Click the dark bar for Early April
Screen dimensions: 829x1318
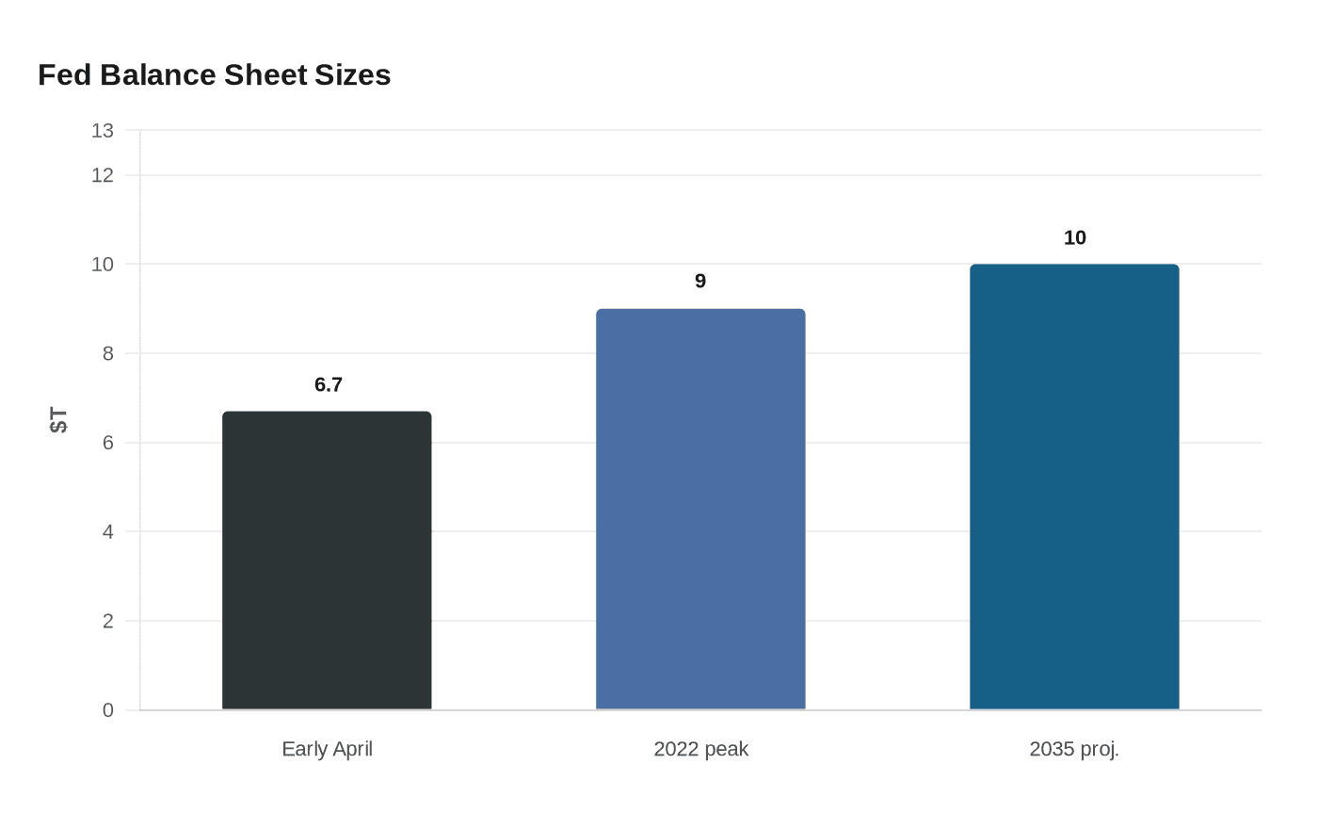327,561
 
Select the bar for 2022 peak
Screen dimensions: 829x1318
700,510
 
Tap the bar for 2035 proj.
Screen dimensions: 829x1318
1074,487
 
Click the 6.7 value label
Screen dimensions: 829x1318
329,384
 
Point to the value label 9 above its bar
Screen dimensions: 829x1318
700,281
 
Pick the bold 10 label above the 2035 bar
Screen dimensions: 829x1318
1074,238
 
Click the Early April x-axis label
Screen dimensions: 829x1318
327,749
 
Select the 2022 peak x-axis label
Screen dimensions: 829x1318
700,749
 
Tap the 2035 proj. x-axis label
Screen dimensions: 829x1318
1074,749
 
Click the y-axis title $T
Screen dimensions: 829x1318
58,420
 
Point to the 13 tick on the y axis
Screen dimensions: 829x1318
103,131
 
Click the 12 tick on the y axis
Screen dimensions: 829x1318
103,175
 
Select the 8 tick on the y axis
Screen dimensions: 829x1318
108,353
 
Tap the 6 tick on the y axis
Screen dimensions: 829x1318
108,443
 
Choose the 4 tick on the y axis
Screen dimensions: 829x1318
108,531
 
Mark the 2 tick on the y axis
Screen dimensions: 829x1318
108,621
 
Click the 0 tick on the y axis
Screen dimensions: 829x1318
108,710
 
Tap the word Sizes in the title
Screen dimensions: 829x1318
353,75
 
